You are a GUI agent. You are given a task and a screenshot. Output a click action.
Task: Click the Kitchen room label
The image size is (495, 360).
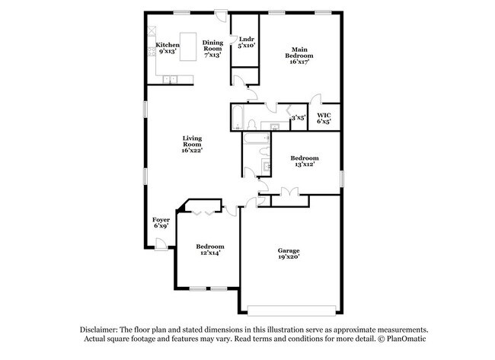[168, 45]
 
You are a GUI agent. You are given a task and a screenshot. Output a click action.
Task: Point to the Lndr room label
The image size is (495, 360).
[246, 39]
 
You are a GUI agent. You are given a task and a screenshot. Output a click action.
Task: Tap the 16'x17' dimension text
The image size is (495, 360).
[297, 61]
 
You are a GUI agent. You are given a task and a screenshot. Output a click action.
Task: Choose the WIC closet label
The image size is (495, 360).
[324, 116]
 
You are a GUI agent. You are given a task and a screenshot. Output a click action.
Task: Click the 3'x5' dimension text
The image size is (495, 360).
[299, 118]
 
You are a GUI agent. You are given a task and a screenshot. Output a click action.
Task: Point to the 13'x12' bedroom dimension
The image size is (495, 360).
[303, 164]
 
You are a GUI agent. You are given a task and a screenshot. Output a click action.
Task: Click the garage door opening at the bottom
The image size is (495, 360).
[289, 310]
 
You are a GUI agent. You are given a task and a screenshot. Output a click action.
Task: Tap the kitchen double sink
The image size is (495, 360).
[169, 80]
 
